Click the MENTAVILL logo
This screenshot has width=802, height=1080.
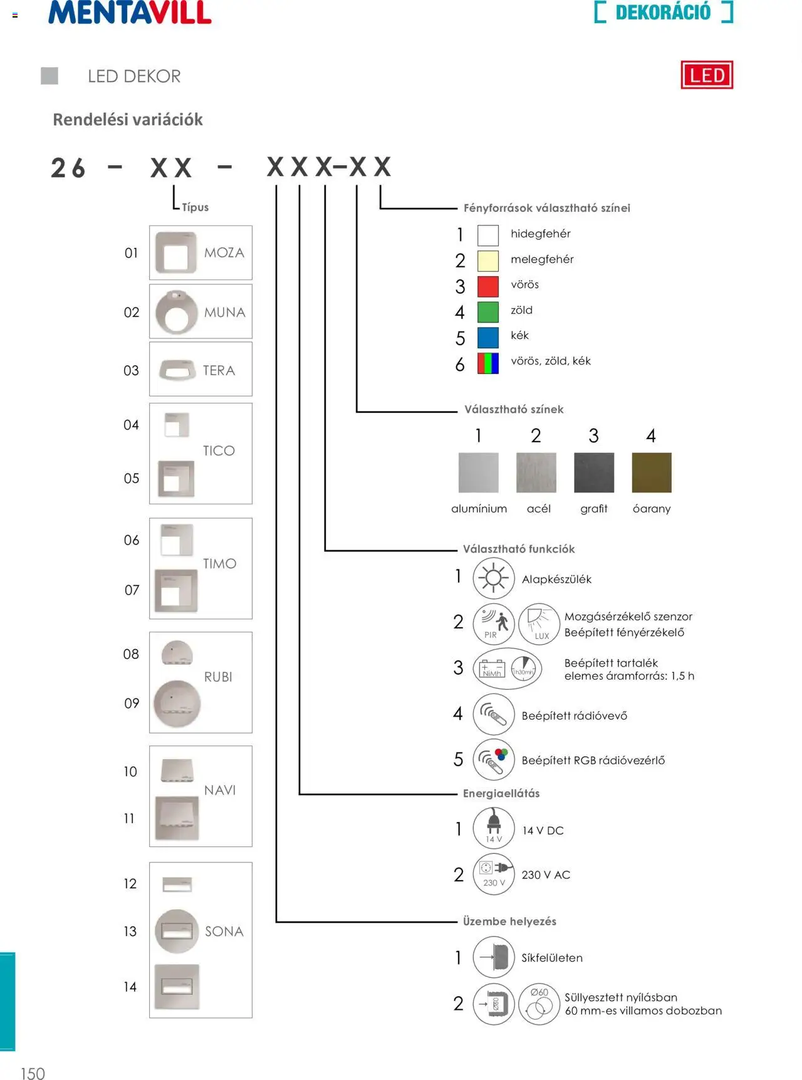[x=130, y=12]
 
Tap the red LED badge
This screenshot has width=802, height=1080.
[x=707, y=75]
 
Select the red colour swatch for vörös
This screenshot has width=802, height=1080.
[x=488, y=286]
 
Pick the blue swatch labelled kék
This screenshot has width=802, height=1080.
[x=488, y=337]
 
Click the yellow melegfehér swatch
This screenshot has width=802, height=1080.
[x=488, y=260]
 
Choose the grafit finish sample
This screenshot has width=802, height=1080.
[x=593, y=472]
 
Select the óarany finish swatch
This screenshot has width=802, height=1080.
[x=652, y=472]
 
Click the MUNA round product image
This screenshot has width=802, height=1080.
[x=176, y=312]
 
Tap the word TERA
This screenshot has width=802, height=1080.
[x=219, y=370]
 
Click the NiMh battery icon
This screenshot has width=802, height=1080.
[x=492, y=669]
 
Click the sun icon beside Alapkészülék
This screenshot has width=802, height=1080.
[x=494, y=578]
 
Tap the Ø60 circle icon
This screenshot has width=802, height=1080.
[x=539, y=1003]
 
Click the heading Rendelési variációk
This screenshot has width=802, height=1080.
[x=128, y=120]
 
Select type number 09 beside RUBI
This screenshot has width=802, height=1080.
[x=132, y=703]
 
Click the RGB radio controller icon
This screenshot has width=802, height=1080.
[x=494, y=759]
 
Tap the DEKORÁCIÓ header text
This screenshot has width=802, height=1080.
[x=663, y=12]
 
